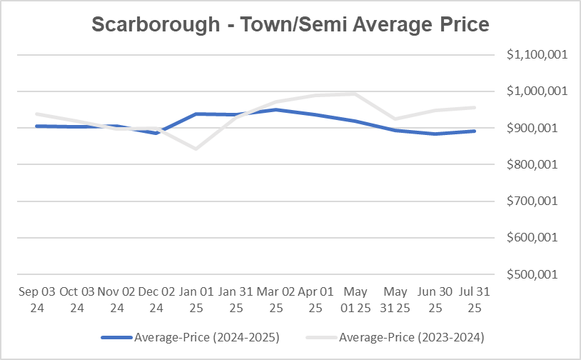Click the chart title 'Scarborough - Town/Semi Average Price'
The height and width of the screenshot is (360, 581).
coord(290,24)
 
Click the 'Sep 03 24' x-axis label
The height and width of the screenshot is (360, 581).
coord(36,299)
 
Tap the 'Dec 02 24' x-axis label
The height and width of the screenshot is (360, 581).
coord(156,299)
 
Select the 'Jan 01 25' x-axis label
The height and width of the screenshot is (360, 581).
coord(196,299)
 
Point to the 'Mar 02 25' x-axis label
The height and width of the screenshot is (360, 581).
coord(276,299)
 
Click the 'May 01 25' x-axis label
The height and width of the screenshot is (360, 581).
coord(355,299)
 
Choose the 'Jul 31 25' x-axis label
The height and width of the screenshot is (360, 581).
coord(475,299)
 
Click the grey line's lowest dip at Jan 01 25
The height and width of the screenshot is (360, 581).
coord(196,149)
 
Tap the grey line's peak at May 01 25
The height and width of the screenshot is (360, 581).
coord(355,94)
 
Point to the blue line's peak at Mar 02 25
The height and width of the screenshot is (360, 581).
coord(276,109)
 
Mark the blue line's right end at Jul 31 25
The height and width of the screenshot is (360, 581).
coord(475,131)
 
